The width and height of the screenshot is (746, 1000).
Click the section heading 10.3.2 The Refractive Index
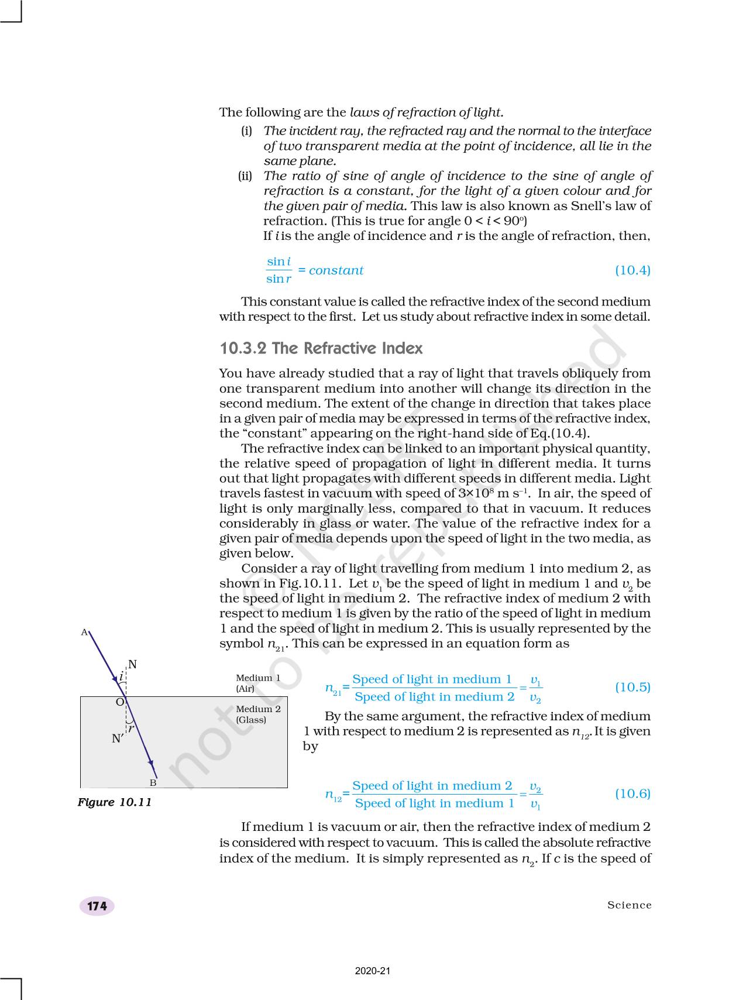pos(321,349)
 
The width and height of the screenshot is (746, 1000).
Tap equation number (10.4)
pos(632,270)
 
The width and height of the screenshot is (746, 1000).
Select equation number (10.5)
pos(632,687)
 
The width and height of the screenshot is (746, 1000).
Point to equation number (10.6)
pos(632,793)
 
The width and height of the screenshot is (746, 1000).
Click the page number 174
pos(97,906)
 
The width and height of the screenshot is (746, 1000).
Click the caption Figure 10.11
pos(115,802)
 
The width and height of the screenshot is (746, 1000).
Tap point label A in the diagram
pos(84,633)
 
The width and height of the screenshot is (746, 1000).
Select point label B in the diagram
pos(153,783)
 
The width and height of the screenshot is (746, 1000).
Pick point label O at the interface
pos(119,702)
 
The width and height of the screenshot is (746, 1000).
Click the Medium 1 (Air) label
pos(258,683)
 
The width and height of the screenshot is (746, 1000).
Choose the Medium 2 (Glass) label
pos(258,714)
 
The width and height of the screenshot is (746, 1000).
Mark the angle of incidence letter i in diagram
pos(121,677)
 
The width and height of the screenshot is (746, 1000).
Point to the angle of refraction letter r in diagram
pos(132,728)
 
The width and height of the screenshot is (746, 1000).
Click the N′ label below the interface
pos(118,739)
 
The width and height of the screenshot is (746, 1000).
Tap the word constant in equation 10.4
pos(336,270)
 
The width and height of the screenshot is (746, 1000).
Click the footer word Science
pos(629,905)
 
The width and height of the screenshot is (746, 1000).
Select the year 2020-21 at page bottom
pos(373,971)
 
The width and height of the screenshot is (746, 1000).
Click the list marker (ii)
pos(245,176)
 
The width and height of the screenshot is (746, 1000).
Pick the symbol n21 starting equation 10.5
pos(333,689)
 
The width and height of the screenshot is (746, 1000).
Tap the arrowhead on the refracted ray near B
pos(151,764)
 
